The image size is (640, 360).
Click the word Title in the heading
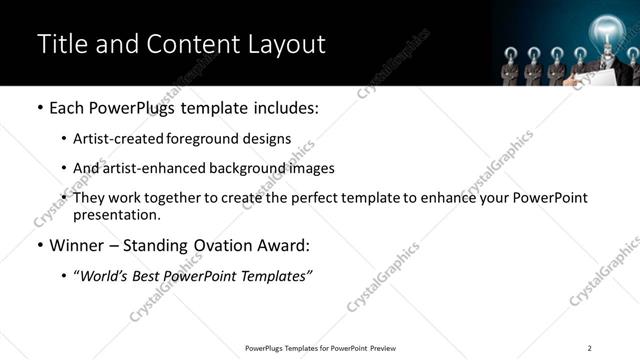[60, 44]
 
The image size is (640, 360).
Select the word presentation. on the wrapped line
[117, 215]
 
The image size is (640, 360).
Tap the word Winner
[77, 245]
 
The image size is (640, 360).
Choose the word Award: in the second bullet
[283, 245]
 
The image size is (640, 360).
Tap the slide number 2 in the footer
[590, 348]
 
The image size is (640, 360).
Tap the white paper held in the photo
[581, 74]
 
